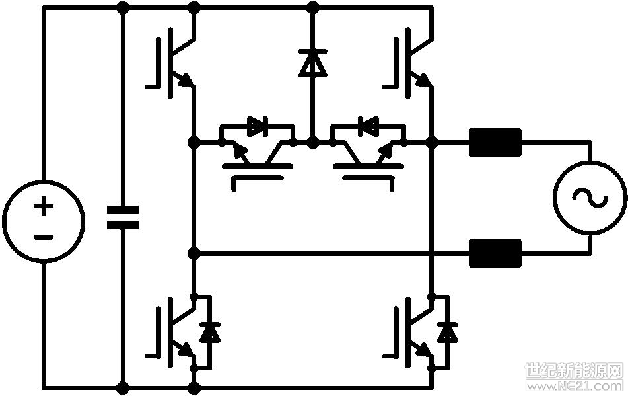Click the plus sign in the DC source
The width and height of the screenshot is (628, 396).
click(x=44, y=207)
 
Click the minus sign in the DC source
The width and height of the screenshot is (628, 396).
click(x=44, y=238)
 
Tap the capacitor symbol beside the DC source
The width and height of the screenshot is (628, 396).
click(x=123, y=218)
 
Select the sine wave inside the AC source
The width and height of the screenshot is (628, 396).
click(x=590, y=198)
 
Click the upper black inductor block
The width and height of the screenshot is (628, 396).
click(x=495, y=142)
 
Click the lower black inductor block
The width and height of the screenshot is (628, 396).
click(x=495, y=253)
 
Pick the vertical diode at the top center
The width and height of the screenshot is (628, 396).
click(x=313, y=63)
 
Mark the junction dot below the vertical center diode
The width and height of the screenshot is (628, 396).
click(x=313, y=142)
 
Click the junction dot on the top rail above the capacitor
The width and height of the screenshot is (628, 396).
click(x=123, y=7)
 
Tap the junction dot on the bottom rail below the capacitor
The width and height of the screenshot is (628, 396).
click(x=123, y=387)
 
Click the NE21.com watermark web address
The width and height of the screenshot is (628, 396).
click(x=575, y=385)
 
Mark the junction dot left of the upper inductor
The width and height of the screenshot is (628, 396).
click(x=432, y=142)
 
